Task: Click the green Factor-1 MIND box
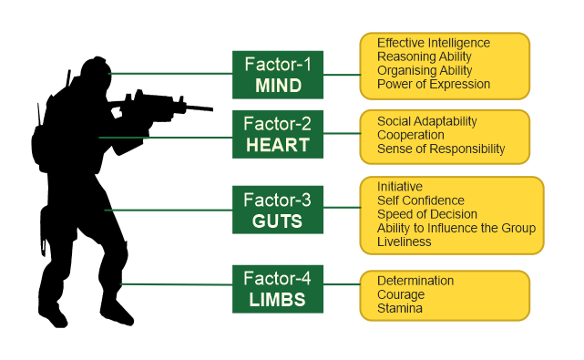click(x=277, y=73)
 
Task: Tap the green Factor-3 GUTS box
click(x=277, y=209)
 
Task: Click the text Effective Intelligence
click(x=434, y=43)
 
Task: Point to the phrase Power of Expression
click(x=434, y=84)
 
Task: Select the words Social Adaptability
click(x=427, y=121)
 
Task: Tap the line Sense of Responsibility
click(x=441, y=149)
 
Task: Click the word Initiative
click(x=400, y=187)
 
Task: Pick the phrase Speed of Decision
click(x=427, y=214)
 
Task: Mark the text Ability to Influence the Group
click(x=456, y=228)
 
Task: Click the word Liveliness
click(x=405, y=242)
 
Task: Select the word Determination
click(x=415, y=281)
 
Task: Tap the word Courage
click(x=401, y=294)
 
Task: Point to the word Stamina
click(x=400, y=308)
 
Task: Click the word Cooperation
click(x=411, y=135)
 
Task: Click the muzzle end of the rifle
click(x=209, y=109)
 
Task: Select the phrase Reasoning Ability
click(x=425, y=57)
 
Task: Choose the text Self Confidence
click(x=421, y=201)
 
